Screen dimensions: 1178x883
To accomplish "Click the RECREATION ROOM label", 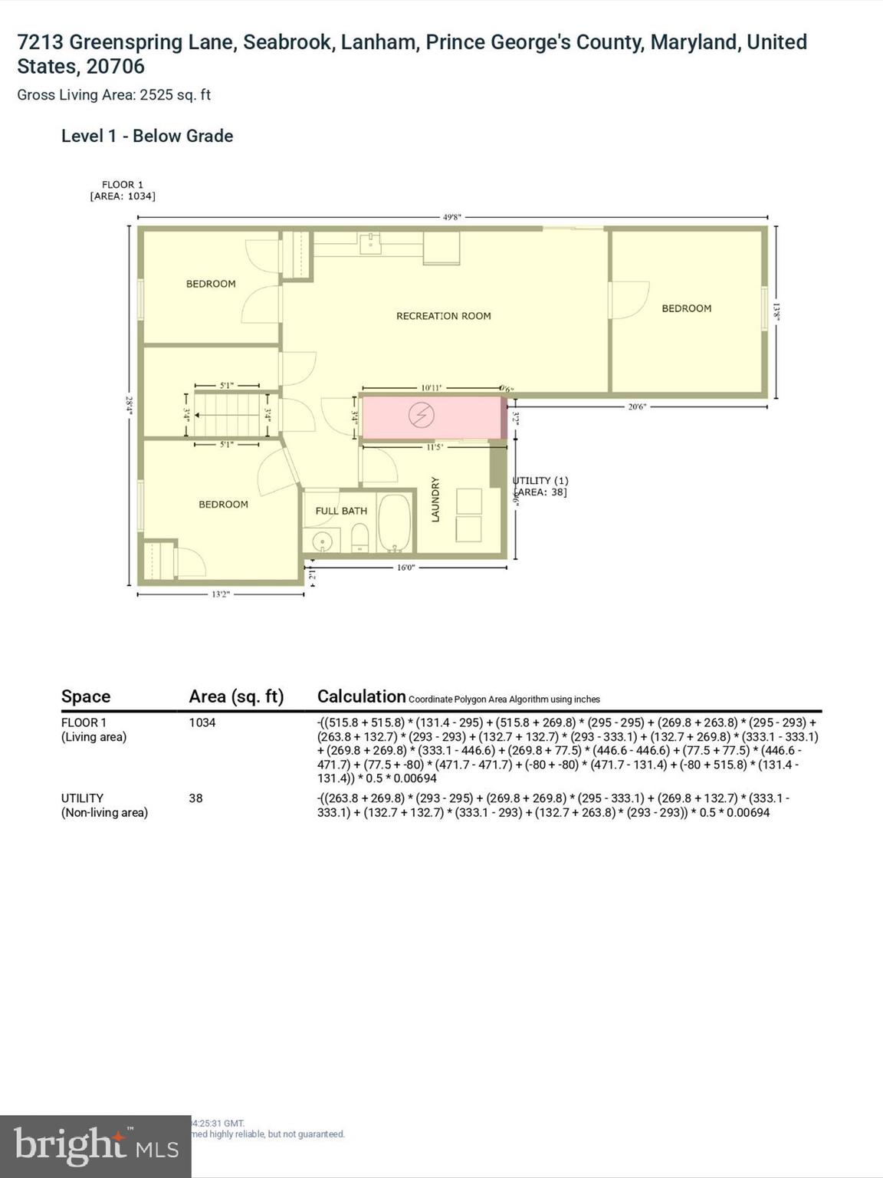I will (x=443, y=316).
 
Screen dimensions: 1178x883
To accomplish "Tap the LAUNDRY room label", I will (x=435, y=499).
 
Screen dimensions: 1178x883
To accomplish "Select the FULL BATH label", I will (x=341, y=511).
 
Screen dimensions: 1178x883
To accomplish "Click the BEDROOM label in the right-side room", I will (x=686, y=308).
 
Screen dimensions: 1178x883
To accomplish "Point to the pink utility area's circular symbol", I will (x=421, y=416).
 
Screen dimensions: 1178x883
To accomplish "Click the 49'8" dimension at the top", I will (x=452, y=217).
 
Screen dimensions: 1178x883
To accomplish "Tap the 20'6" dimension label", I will (x=636, y=406).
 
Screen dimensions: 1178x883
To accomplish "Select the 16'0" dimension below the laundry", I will (x=405, y=568).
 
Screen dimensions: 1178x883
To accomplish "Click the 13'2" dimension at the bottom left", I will (x=220, y=594).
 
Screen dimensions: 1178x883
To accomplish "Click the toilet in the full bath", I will (x=359, y=538).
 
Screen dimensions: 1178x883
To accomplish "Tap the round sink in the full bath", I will (x=323, y=541).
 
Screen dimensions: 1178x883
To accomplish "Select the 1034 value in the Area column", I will (x=202, y=722).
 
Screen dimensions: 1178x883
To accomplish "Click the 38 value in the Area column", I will (x=196, y=798).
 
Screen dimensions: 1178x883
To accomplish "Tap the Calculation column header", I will (x=361, y=696).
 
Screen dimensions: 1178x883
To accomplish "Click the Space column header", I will (x=86, y=696).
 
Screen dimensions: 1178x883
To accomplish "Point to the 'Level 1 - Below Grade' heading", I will (x=147, y=136).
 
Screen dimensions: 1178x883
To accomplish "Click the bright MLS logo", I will (x=96, y=1146).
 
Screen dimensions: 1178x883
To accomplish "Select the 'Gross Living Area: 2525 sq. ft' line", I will (x=114, y=95).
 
